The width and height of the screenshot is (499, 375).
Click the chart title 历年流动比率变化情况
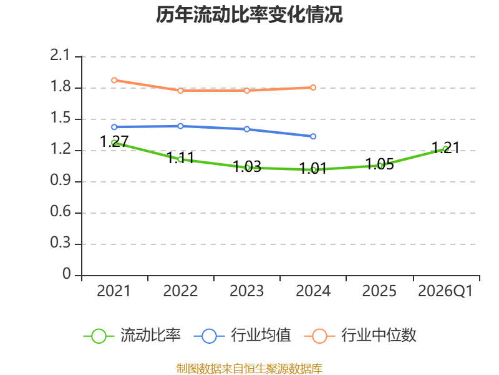(249, 14)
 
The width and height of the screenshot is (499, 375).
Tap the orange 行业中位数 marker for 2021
(114, 80)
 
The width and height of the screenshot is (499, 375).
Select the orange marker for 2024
(313, 87)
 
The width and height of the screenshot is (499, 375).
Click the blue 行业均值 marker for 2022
(180, 126)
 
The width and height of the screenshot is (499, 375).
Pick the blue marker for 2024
(313, 136)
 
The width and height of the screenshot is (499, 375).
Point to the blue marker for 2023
(247, 129)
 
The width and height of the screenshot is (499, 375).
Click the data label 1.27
(114, 141)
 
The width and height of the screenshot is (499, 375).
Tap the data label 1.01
(313, 168)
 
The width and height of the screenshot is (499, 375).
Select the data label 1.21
(445, 147)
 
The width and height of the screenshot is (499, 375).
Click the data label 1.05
(379, 164)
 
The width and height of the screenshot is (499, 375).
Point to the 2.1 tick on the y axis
(60, 55)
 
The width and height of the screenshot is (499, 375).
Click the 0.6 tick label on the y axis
(60, 211)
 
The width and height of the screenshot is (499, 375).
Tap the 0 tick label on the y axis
(67, 274)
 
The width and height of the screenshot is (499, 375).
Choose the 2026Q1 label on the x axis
(445, 291)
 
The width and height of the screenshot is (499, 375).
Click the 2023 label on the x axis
(247, 291)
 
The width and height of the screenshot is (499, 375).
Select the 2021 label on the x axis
(114, 291)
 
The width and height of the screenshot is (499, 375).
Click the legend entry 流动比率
(132, 336)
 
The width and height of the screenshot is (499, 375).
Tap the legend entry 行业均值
(243, 336)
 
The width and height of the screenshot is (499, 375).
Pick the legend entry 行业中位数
(361, 336)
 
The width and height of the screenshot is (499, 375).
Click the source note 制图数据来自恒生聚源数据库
(249, 369)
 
